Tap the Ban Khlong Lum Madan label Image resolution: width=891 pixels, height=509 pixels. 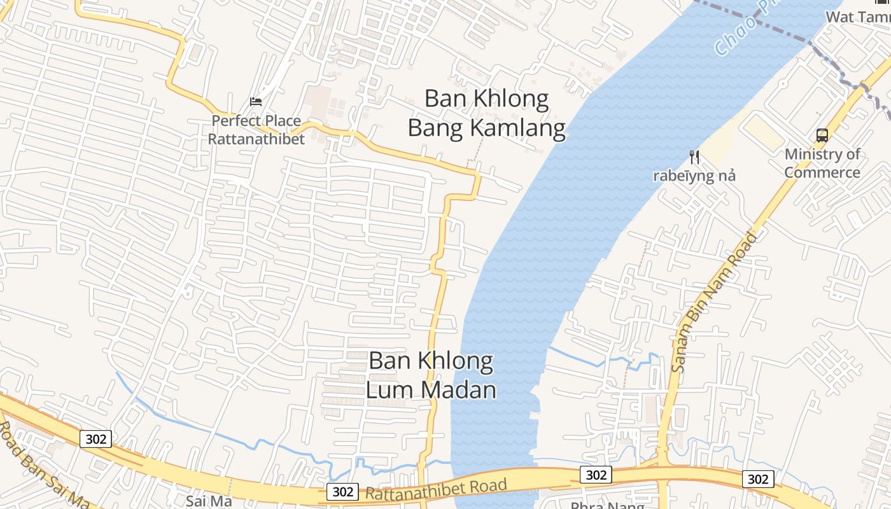click(431, 375)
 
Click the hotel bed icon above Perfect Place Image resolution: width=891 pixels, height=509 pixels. click(256, 102)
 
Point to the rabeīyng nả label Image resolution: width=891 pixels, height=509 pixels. click(694, 176)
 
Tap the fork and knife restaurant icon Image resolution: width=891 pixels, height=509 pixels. click(694, 157)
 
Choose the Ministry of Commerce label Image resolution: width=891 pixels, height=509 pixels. click(822, 163)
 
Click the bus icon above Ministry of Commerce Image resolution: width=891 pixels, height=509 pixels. click(822, 135)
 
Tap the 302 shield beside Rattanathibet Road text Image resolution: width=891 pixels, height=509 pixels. click(342, 492)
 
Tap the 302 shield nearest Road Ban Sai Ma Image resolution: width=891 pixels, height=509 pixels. click(96, 438)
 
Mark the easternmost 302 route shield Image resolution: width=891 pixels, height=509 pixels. click(758, 479)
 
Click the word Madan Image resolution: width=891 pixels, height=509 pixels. click(462, 389)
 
